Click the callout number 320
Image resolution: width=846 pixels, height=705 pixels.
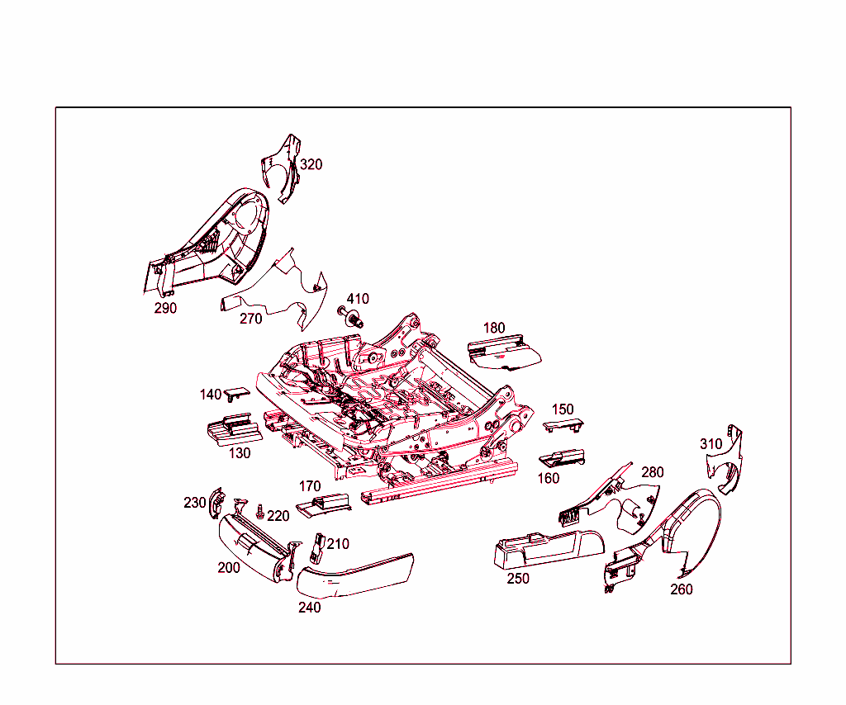[311, 164]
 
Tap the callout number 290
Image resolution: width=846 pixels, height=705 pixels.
[165, 308]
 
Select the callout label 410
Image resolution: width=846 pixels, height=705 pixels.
[358, 299]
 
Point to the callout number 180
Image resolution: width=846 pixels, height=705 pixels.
[494, 328]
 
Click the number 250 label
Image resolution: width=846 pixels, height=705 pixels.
[518, 579]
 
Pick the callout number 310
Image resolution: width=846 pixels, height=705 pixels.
[711, 444]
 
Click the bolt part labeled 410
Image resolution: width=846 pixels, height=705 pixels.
[351, 317]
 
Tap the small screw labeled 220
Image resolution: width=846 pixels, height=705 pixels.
[260, 512]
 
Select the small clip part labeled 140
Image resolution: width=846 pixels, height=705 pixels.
[237, 393]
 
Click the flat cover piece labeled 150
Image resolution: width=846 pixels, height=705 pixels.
[563, 425]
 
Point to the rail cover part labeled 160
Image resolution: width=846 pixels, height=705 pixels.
[562, 458]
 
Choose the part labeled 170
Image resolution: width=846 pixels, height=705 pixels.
[323, 505]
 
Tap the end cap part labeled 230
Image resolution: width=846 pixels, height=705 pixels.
[217, 503]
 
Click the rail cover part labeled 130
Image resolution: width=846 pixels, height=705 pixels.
[235, 429]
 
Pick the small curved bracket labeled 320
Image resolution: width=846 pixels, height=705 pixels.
[282, 168]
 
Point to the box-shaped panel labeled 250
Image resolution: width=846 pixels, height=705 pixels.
[549, 549]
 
